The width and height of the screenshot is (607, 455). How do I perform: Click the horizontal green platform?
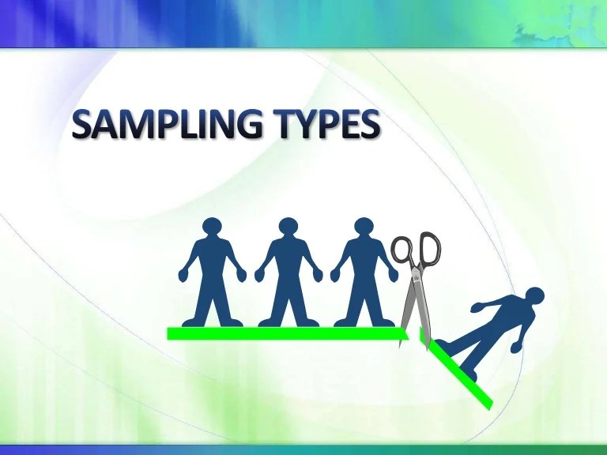[x=285, y=333]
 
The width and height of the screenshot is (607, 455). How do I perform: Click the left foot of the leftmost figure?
[x=194, y=322]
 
